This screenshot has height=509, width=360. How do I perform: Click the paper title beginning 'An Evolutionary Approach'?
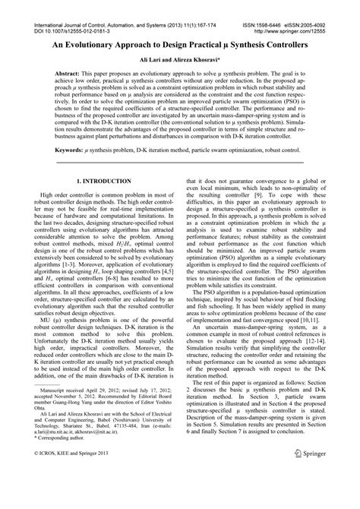pyautogui.click(x=180, y=46)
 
